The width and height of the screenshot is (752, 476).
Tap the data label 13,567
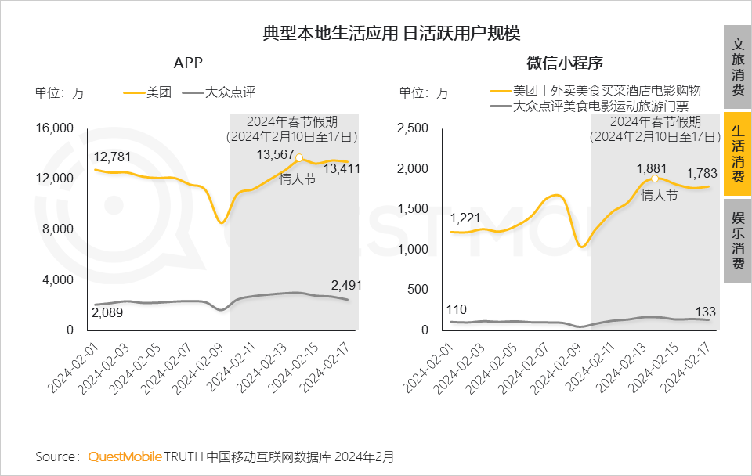[276, 154]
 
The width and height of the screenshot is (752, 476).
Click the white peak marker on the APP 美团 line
[298, 158]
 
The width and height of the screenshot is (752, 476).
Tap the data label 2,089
[107, 312]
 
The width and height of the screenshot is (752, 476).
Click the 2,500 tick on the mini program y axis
[414, 128]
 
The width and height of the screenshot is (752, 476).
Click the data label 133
[706, 312]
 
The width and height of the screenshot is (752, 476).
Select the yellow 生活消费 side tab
[737, 153]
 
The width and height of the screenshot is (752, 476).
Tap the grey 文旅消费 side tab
[737, 67]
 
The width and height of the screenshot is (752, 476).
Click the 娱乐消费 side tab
[737, 240]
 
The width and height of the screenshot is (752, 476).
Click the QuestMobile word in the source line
[125, 456]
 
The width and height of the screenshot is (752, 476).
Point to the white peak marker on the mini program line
[655, 178]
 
